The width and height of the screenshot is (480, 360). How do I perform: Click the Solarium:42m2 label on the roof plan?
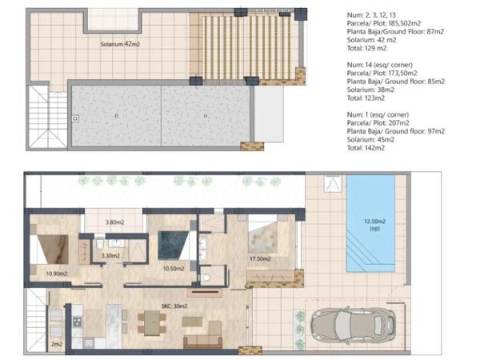coord(120,44)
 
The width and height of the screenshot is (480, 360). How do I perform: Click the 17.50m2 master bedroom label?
coord(260,258)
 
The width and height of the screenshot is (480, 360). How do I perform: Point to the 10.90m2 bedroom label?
coord(57,274)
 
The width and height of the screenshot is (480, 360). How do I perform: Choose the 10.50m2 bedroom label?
coord(174,269)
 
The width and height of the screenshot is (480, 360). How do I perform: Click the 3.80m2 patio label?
coord(114,222)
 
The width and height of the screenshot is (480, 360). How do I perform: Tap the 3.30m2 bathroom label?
coord(110,255)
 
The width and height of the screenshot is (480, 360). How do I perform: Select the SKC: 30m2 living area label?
coord(174,306)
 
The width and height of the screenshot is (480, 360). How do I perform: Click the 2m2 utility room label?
coord(57,344)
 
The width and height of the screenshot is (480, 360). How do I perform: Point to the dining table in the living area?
coord(152,322)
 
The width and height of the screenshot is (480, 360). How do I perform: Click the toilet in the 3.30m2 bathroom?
coord(100,244)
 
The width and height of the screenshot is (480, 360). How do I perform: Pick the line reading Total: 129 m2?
coord(366,48)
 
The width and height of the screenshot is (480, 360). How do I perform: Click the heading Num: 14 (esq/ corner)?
coord(379,65)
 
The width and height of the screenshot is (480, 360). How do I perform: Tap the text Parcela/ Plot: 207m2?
coord(378,122)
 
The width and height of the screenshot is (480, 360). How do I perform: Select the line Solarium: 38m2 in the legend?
coord(370,90)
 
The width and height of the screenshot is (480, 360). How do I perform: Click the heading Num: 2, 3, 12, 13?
coord(371,14)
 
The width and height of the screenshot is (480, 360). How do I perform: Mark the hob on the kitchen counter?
coord(77,322)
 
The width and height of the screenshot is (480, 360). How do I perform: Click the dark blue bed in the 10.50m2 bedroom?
coord(174,246)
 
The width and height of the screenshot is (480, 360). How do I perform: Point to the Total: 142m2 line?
coord(366,148)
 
